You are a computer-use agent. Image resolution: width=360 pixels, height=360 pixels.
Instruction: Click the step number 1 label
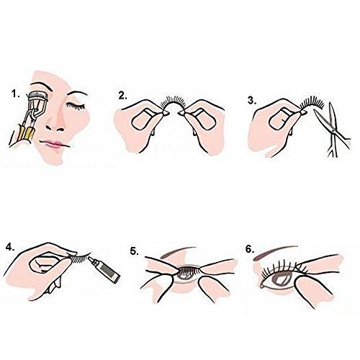[16, 94]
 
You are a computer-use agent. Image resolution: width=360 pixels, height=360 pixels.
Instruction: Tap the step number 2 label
[122, 96]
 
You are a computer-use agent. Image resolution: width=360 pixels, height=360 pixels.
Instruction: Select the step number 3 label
[252, 101]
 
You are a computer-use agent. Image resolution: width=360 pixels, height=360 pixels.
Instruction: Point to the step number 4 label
[10, 247]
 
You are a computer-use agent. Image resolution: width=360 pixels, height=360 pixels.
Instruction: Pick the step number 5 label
[135, 251]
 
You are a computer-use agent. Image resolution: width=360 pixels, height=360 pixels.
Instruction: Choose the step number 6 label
[250, 249]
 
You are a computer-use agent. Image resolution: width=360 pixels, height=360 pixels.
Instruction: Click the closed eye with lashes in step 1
[76, 106]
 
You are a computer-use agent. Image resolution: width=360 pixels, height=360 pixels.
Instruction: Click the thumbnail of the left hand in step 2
[144, 120]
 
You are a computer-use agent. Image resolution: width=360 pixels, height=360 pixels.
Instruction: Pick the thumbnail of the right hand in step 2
[204, 120]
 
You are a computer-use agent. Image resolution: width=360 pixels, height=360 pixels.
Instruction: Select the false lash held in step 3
[312, 102]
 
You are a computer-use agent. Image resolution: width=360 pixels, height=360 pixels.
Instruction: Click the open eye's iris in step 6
[283, 280]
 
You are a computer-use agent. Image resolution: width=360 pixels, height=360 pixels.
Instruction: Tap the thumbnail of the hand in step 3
[282, 120]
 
